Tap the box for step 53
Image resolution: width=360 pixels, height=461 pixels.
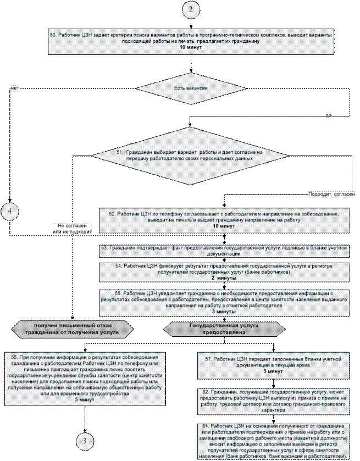(x=226, y=251)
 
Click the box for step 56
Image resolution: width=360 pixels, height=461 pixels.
(x=85, y=379)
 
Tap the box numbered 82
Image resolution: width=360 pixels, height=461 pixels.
(x=273, y=401)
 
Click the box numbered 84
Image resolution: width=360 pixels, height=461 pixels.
(x=273, y=434)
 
